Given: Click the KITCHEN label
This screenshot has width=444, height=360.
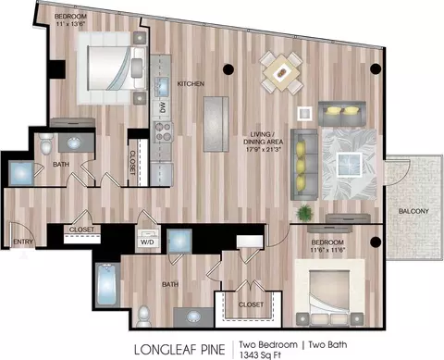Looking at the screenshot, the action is click(x=191, y=83).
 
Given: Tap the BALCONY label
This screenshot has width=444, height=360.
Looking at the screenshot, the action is click(x=413, y=211).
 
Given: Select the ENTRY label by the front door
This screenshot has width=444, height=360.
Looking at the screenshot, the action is click(x=23, y=242).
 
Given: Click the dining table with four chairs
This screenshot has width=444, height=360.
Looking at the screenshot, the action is click(x=281, y=73).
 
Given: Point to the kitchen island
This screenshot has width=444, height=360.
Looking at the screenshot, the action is click(x=216, y=124).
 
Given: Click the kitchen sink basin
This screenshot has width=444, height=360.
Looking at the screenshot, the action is click(x=162, y=83).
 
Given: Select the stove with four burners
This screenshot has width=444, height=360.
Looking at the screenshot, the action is click(x=164, y=131).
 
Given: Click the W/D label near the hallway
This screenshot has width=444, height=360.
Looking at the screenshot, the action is click(x=147, y=242).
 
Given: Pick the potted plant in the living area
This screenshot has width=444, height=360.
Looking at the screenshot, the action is click(x=305, y=213).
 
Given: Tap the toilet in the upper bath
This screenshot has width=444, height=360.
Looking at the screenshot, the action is click(x=46, y=143).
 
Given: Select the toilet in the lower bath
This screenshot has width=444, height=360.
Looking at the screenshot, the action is click(x=143, y=317).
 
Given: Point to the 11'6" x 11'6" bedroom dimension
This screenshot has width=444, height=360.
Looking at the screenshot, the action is click(x=327, y=249).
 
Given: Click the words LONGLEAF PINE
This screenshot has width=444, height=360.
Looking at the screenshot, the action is click(x=179, y=350).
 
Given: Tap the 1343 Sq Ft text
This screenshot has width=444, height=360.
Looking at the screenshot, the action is click(x=260, y=354).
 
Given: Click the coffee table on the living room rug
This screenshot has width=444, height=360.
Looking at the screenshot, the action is click(x=349, y=165).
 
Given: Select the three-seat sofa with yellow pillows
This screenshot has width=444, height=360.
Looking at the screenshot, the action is click(x=304, y=165).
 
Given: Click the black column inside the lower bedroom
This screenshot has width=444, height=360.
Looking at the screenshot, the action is click(x=376, y=242).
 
